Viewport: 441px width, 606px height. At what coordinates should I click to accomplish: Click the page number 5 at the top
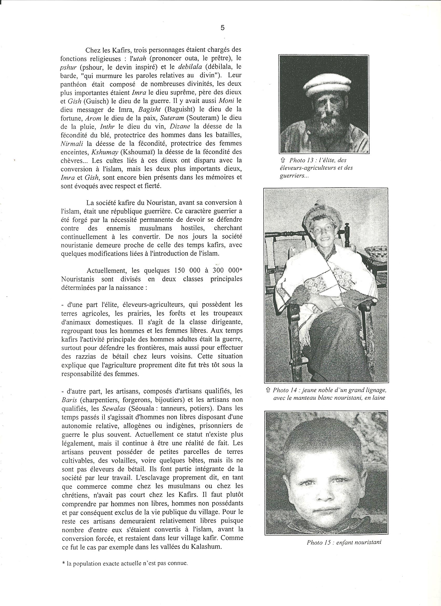(223, 28)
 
